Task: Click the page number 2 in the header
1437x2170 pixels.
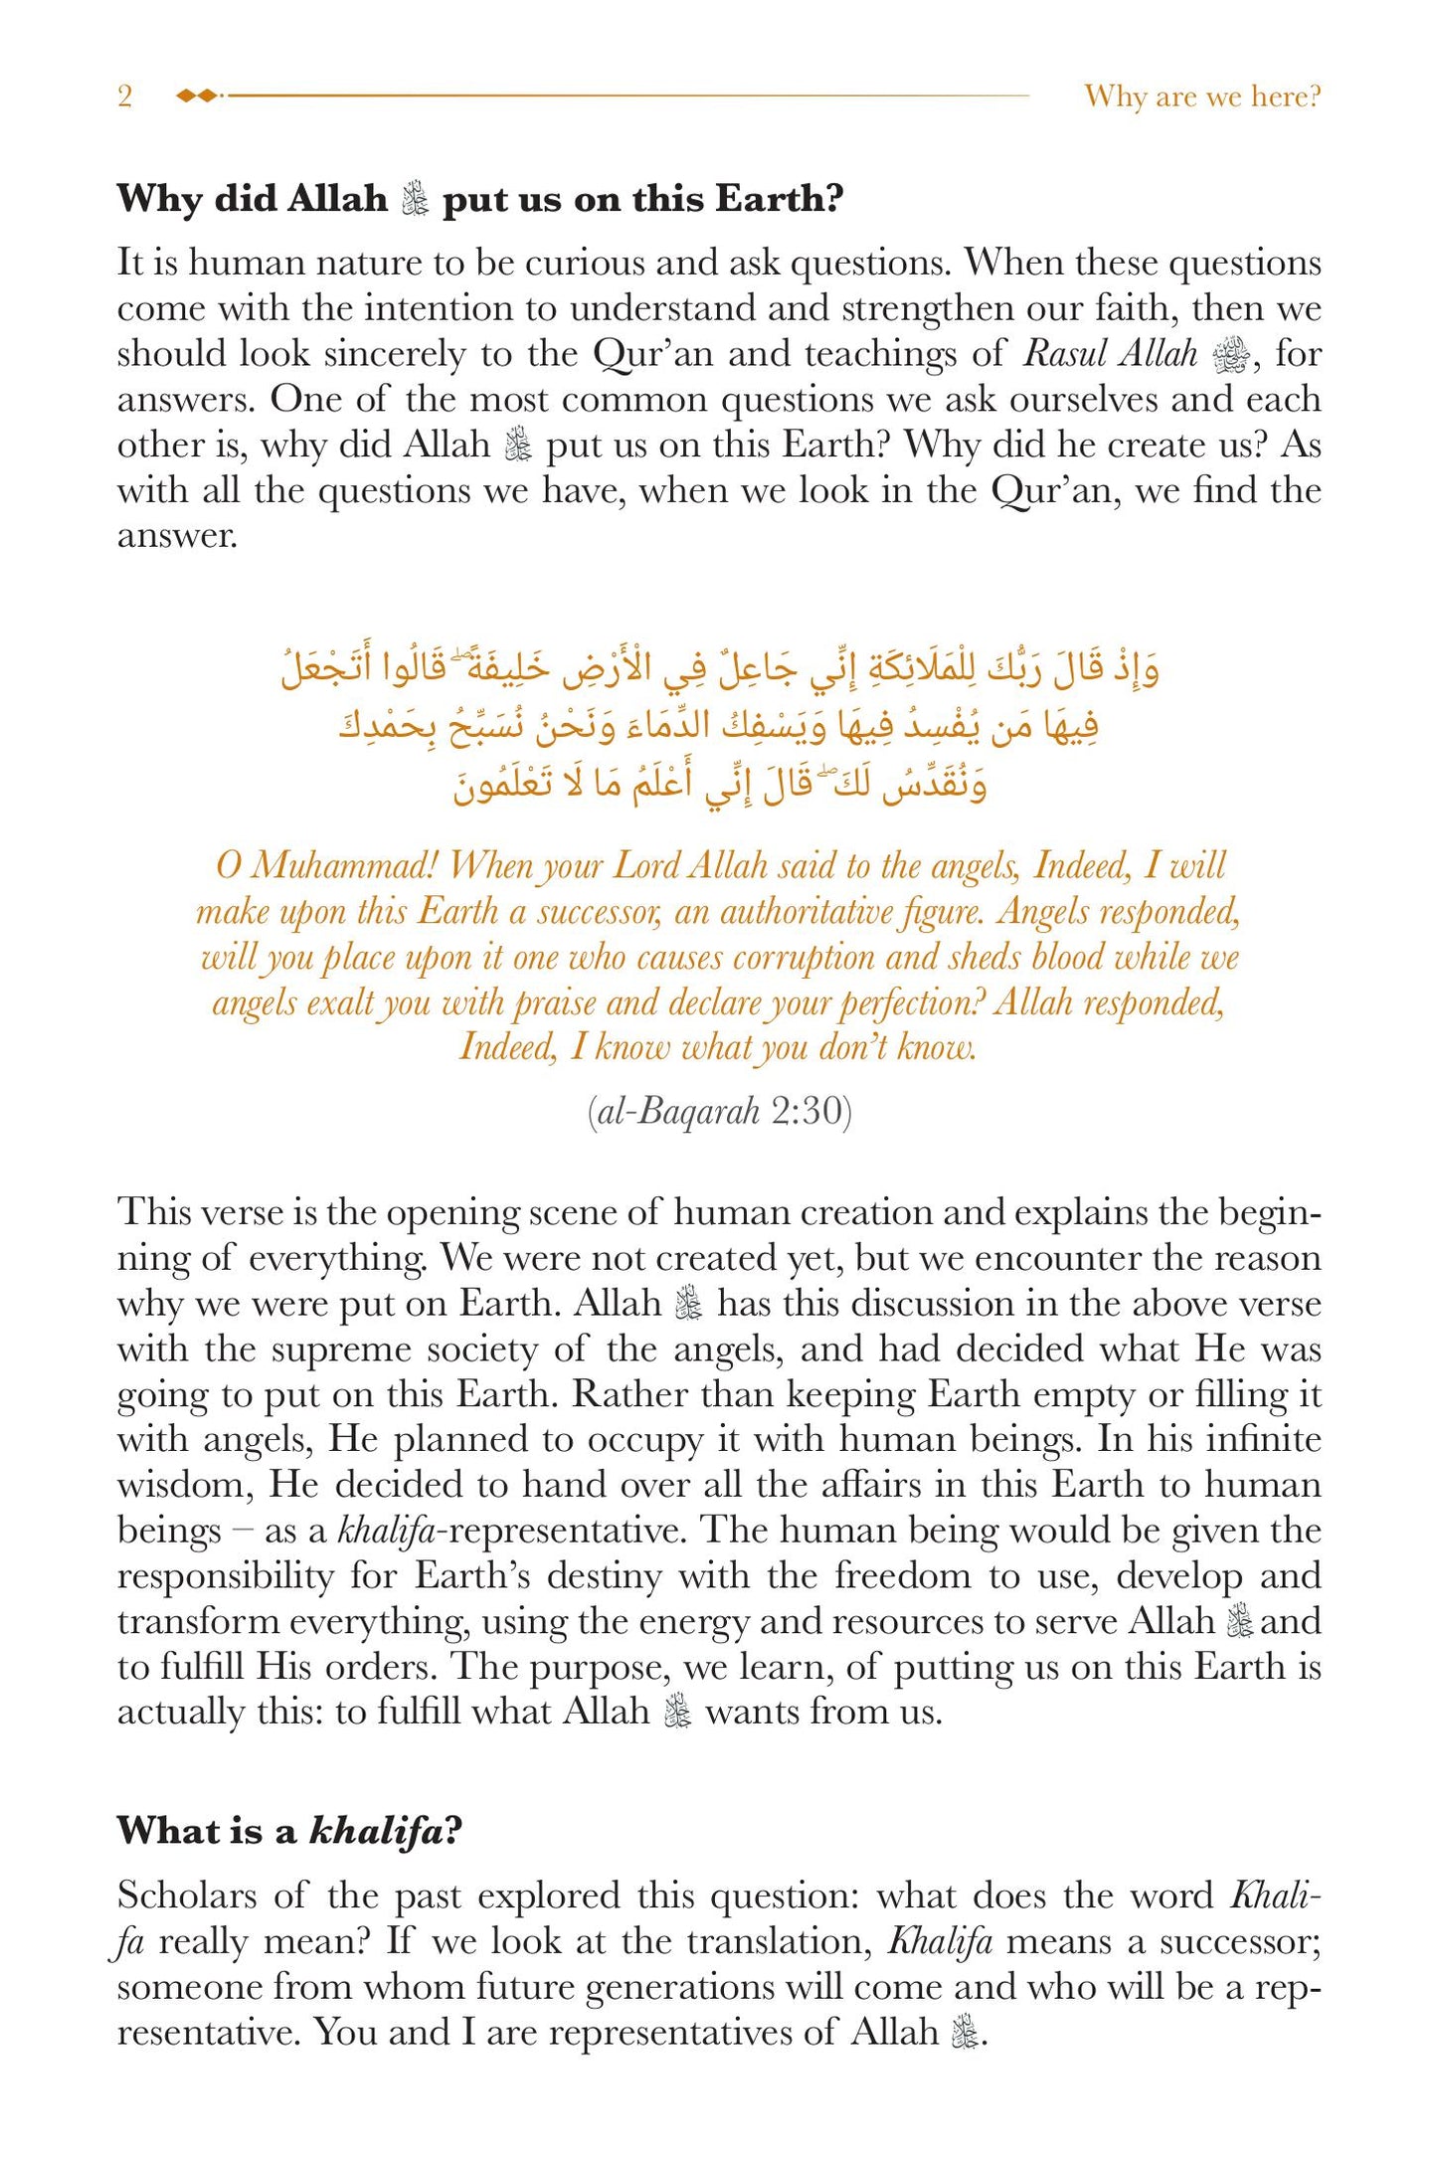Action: pos(124,96)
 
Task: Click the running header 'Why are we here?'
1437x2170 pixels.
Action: pos(1202,96)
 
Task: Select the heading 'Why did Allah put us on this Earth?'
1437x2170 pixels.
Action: pos(479,199)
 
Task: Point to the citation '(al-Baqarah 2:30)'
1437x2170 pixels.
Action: pos(719,1111)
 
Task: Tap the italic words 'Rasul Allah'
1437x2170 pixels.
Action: pos(1110,354)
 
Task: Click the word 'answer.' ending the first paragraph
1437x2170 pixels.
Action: pos(177,536)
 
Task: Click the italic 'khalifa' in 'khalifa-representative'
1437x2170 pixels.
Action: pos(386,1531)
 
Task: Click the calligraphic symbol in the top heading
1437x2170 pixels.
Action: pos(415,200)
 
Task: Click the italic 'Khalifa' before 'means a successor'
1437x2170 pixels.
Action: pos(939,1941)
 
